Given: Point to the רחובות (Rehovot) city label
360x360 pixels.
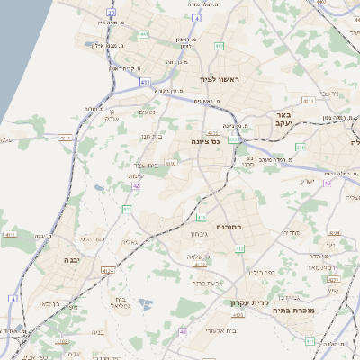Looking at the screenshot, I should pos(234,228).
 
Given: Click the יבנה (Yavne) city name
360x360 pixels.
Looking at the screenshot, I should pos(70,259).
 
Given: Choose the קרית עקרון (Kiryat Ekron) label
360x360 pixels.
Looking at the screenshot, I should pos(251,302).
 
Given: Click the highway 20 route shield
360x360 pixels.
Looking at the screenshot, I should pos(112,13).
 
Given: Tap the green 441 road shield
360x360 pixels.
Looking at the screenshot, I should pos(144,35).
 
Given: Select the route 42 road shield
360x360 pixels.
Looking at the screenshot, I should pos(135,185).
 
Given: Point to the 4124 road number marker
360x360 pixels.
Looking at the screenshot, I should pos(108,269).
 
